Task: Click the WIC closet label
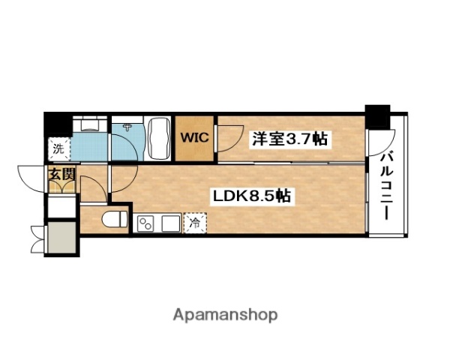pyautogui.click(x=194, y=139)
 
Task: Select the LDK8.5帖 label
pyautogui.click(x=250, y=196)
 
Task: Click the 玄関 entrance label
pyautogui.click(x=61, y=175)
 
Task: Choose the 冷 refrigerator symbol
pyautogui.click(x=195, y=222)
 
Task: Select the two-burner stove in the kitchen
pyautogui.click(x=146, y=223)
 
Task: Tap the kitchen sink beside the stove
pyautogui.click(x=171, y=223)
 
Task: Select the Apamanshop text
pyautogui.click(x=226, y=315)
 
